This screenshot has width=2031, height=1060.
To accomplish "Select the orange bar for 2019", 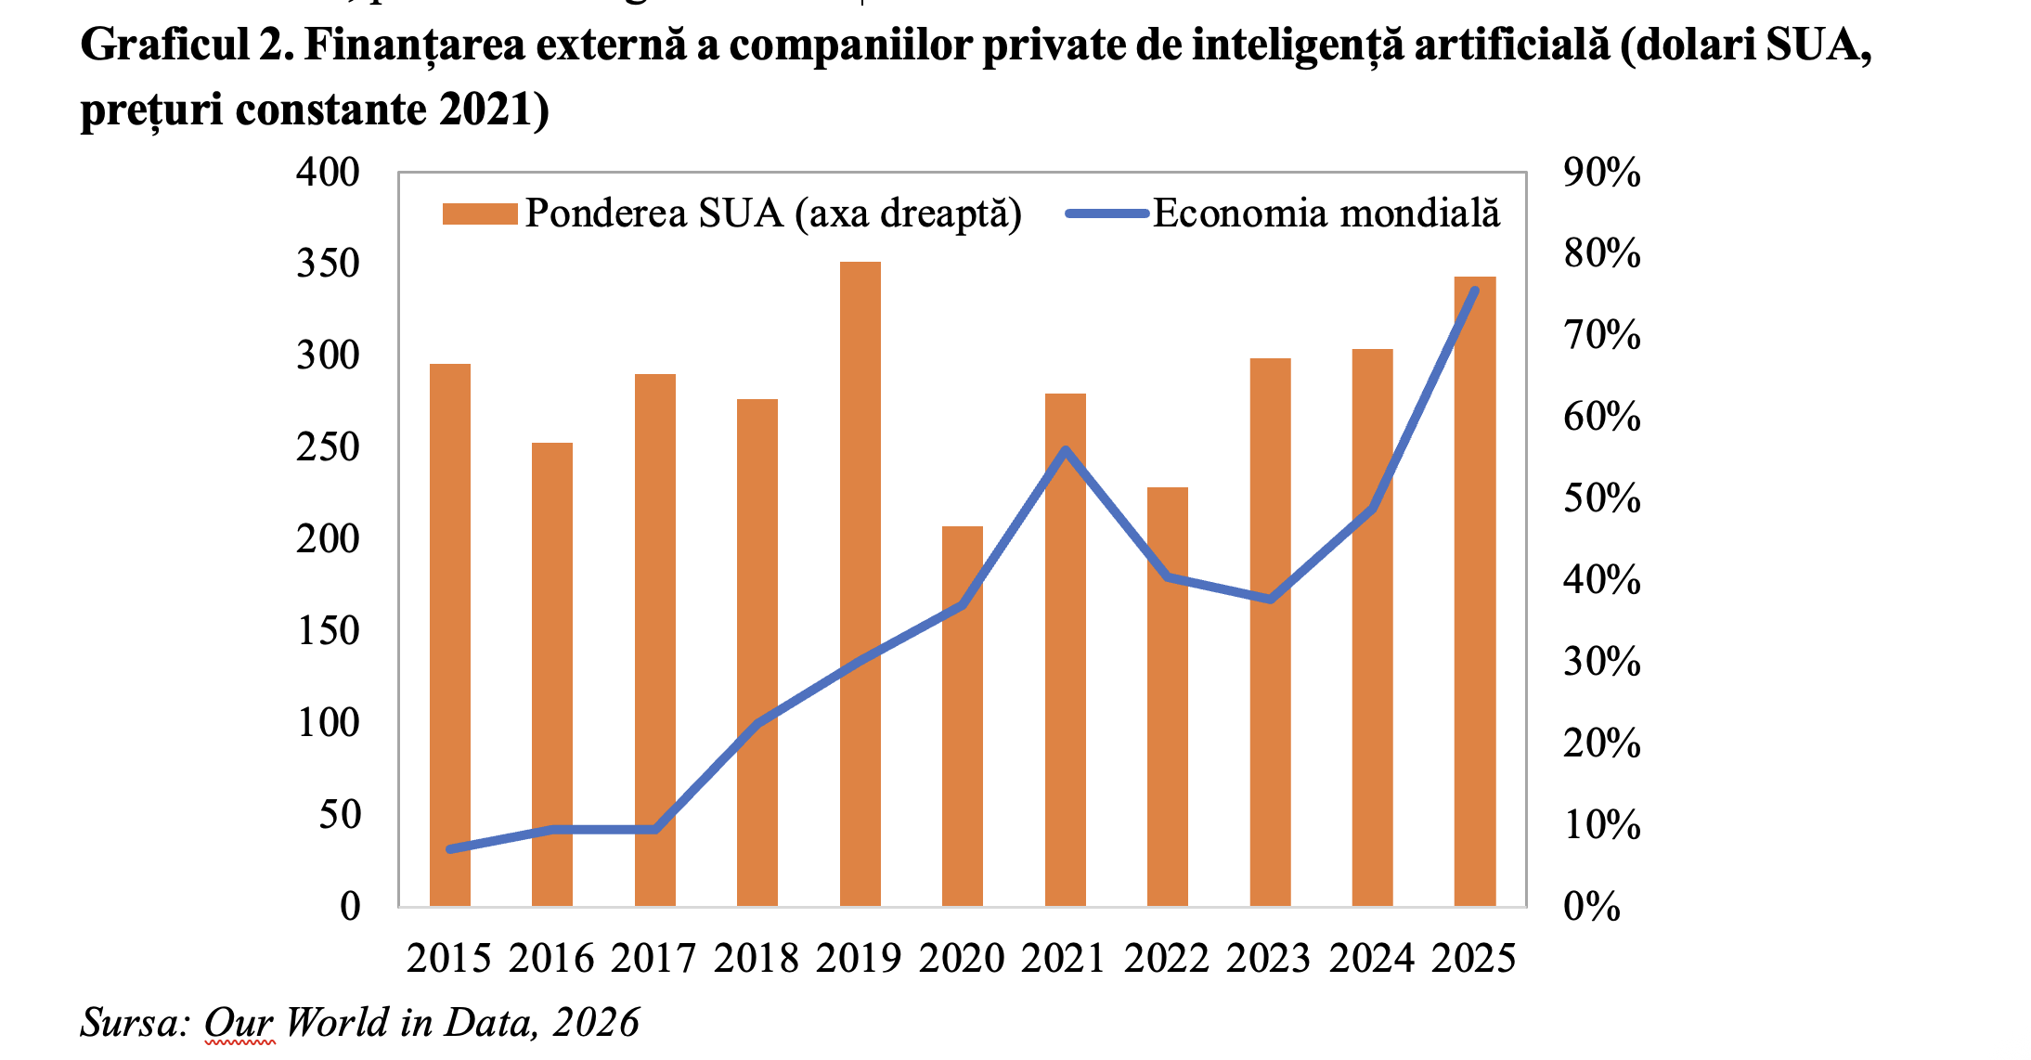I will point(860,585).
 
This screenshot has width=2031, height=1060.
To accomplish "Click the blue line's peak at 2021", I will point(1066,451).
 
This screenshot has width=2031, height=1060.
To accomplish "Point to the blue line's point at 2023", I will point(1270,599).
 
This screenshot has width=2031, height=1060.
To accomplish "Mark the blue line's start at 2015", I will point(450,848).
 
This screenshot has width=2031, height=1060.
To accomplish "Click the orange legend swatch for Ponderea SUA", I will point(479,214).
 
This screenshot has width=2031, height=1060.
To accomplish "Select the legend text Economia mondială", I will point(1326,213).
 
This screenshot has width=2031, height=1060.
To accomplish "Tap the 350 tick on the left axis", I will point(328,264).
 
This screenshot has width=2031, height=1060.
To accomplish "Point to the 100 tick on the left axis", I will point(328,722).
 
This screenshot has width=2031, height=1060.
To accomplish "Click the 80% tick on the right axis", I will point(1601,252).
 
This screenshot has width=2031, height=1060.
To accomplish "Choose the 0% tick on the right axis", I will point(1591,906).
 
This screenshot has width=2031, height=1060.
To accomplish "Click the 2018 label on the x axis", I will point(756,958).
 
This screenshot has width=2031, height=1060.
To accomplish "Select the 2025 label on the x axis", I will point(1473,958).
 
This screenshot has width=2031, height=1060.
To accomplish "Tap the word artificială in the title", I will point(1512,45).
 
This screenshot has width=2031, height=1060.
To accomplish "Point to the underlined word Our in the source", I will point(239,1022).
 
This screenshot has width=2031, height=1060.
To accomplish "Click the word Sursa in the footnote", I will point(129,1022).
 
